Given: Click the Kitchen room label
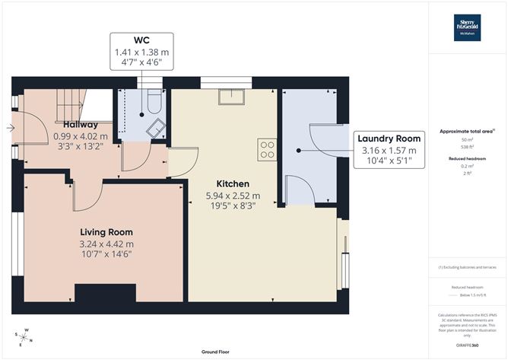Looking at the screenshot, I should [232, 184].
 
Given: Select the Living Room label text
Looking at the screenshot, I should [106, 232].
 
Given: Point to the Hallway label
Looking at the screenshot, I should [80, 125].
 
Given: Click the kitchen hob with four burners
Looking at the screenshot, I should [266, 149].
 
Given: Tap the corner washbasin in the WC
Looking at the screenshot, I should [155, 128].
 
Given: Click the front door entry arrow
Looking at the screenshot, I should [10, 128].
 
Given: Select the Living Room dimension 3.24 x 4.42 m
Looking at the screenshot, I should [106, 244].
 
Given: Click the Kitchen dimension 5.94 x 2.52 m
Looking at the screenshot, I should [232, 196].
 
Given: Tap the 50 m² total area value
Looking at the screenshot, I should [467, 139].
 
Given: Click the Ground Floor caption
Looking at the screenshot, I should [217, 352].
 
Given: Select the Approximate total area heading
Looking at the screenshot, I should [467, 132].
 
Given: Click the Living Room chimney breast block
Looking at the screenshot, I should [94, 293].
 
